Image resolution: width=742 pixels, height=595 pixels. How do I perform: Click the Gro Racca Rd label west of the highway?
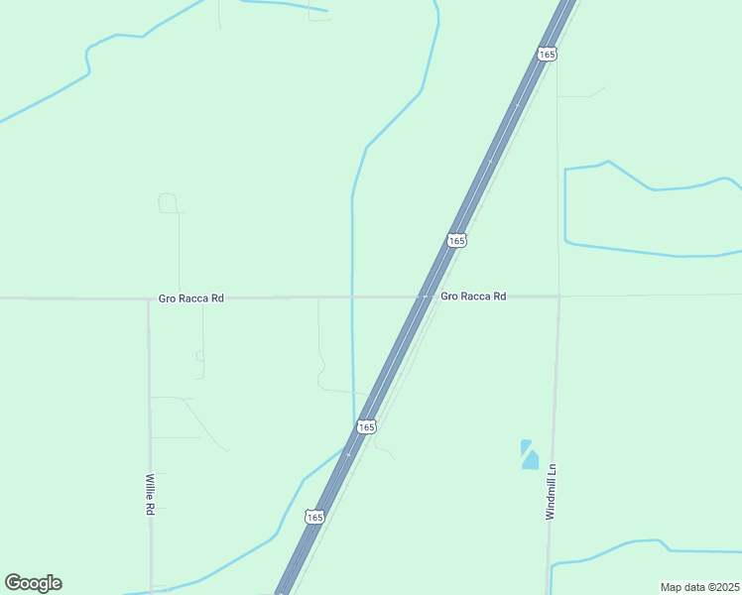[191, 297]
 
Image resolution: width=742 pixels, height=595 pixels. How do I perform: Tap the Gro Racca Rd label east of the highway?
[473, 297]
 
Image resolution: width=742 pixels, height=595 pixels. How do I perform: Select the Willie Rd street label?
[150, 494]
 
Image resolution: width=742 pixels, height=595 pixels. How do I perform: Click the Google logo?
[34, 583]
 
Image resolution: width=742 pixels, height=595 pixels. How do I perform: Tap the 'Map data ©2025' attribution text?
[699, 587]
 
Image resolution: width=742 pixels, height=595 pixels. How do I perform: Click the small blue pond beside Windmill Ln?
[530, 455]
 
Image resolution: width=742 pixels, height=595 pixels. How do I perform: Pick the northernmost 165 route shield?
[547, 55]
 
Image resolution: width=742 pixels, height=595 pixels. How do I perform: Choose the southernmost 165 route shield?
[314, 518]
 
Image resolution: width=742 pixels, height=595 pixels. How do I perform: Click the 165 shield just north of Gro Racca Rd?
[455, 241]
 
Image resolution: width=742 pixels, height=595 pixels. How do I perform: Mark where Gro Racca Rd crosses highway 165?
[425, 297]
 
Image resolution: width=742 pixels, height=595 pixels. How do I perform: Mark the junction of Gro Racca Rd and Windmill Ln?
[558, 296]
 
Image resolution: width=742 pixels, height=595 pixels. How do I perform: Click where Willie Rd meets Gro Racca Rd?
[149, 297]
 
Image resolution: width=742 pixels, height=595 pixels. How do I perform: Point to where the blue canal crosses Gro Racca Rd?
[352, 297]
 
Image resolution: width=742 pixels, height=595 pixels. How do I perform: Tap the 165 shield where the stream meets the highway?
[366, 426]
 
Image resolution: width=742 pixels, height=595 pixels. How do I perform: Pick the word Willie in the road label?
[150, 488]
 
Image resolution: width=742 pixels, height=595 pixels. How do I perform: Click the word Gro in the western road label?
[167, 297]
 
